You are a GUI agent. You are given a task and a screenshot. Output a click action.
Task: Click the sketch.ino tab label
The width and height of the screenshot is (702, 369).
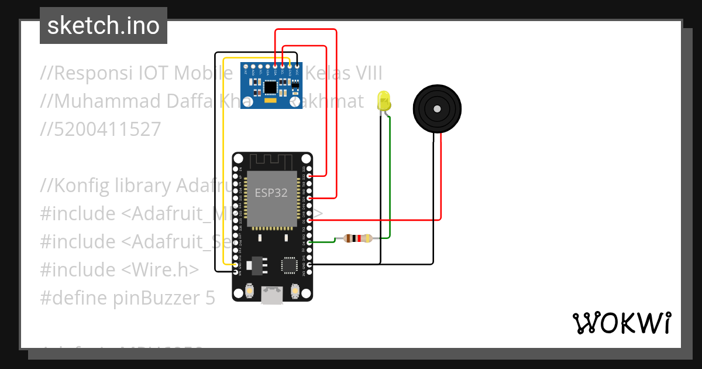(x=103, y=26)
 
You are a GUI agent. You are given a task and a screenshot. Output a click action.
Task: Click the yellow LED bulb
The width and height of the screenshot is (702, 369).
(x=384, y=100)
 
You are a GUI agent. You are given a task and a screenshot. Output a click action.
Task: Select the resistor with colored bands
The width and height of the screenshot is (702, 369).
(x=357, y=238)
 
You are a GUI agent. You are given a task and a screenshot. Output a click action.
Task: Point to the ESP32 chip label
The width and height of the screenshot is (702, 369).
(x=271, y=193)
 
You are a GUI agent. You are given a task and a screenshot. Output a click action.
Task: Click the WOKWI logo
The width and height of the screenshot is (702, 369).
(x=621, y=323)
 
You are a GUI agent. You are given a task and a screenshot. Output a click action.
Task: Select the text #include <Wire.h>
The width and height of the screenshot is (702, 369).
(x=119, y=270)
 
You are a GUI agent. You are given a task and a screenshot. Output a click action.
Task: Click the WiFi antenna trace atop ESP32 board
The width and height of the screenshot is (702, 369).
(x=272, y=160)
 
